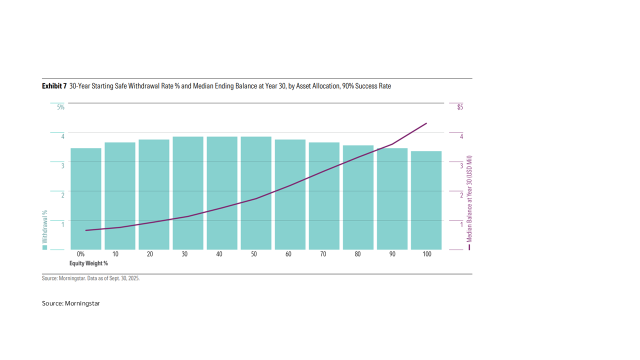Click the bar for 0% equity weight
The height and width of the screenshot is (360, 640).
[x=85, y=199]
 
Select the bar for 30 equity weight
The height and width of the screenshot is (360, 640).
[x=188, y=193]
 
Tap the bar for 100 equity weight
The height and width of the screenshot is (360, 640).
[x=426, y=200]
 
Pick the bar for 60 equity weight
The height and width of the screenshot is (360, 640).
[x=290, y=194]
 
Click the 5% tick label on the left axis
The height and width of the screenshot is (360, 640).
[x=60, y=107]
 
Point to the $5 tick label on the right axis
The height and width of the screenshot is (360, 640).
[x=460, y=107]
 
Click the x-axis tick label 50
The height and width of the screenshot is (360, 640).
[x=253, y=254]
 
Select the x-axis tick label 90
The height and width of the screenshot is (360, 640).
[x=392, y=254]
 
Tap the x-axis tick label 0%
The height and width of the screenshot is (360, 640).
[x=81, y=254]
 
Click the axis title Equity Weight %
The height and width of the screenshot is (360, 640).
[x=88, y=263]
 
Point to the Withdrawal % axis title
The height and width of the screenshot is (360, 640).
[x=45, y=226]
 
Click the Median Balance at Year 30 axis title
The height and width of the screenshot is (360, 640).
[x=469, y=199]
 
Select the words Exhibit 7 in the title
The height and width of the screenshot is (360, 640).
[x=54, y=86]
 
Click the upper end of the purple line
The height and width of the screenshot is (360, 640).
[x=426, y=123]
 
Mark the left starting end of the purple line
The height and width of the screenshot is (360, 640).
[x=85, y=230]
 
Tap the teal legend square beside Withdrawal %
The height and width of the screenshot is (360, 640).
[x=44, y=247]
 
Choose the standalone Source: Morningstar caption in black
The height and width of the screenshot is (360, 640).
[x=71, y=303]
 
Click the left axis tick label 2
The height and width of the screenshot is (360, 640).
[x=63, y=195]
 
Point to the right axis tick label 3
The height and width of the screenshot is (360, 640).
[x=461, y=165]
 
